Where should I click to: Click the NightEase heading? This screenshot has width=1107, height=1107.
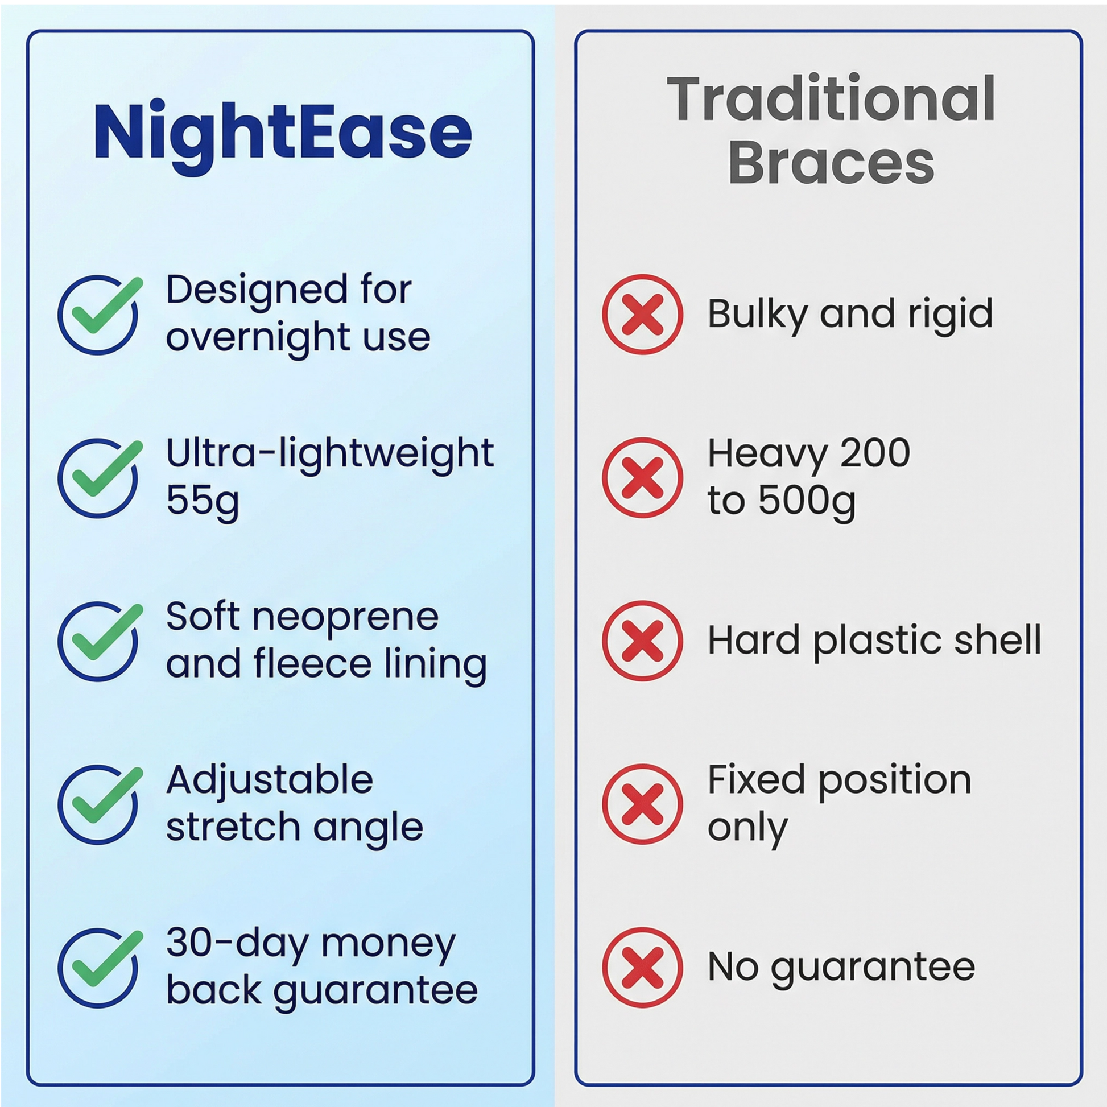coord(283,135)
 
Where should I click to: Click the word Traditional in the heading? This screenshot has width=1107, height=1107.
coord(831,99)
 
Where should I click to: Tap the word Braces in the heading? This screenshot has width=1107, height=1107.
coord(832,163)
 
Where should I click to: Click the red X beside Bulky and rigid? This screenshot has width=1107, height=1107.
coord(642,315)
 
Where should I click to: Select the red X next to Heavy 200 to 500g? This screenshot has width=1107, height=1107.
coord(642,478)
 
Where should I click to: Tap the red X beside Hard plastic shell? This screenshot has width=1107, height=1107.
coord(642,641)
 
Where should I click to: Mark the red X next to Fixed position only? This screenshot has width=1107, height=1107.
coord(642,804)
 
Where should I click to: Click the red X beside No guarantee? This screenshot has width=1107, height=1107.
coord(642,968)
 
